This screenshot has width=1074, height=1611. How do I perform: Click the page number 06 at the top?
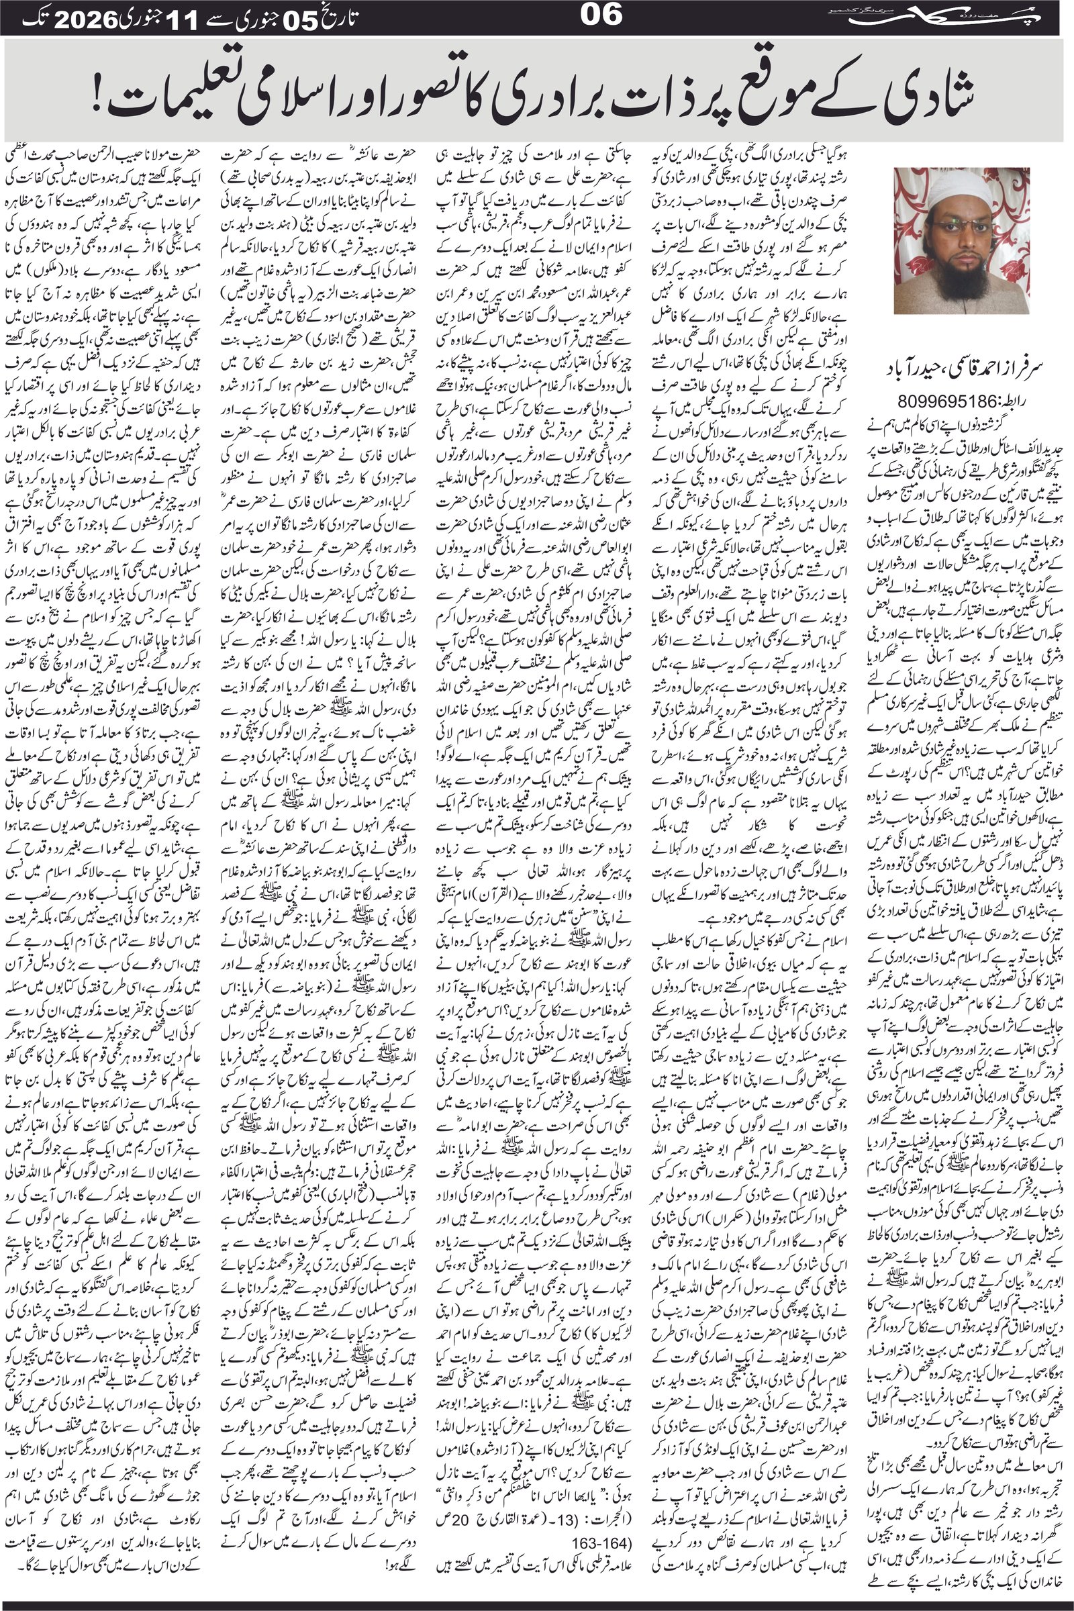[601, 15]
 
